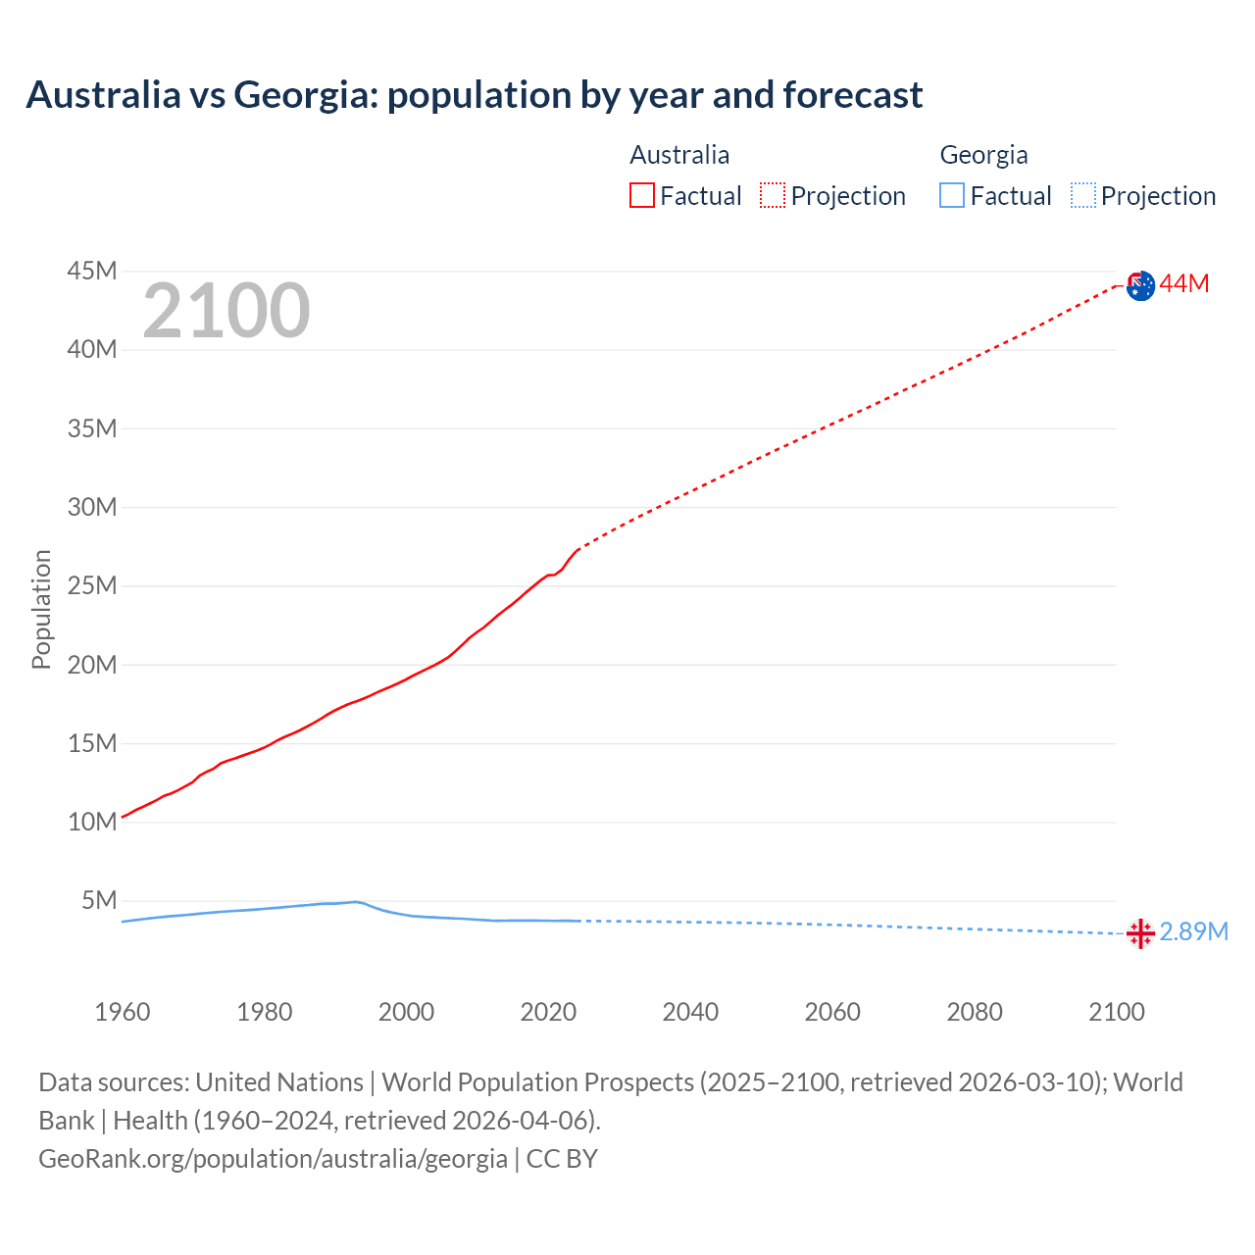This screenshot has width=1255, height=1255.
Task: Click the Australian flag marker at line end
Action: [x=1140, y=285]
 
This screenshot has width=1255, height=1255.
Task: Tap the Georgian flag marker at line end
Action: [x=1140, y=933]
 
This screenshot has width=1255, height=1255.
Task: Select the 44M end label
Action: [x=1184, y=284]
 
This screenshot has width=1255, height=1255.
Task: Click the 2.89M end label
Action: [x=1193, y=931]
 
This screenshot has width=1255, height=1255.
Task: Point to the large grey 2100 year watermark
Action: [x=226, y=311]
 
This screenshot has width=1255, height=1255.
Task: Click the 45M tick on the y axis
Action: [x=92, y=271]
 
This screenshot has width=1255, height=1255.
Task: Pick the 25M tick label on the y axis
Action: [x=92, y=586]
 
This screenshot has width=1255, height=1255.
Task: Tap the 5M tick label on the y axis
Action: [x=99, y=900]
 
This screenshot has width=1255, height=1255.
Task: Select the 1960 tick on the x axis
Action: [x=123, y=1012]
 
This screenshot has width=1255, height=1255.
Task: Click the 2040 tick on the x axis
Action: [x=690, y=1012]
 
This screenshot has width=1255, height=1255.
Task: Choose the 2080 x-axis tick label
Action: [x=975, y=1012]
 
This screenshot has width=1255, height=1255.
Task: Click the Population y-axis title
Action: [x=41, y=609]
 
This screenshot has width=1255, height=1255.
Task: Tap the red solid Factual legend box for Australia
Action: [x=642, y=196]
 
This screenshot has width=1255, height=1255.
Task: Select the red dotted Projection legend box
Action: [x=773, y=196]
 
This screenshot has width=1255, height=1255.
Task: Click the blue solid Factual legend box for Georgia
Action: [x=952, y=196]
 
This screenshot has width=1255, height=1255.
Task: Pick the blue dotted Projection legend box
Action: [x=1083, y=196]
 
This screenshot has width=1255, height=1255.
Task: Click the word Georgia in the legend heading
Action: [x=983, y=155]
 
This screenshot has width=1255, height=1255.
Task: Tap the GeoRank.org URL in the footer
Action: [x=273, y=1159]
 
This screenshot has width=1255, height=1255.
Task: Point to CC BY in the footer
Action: [x=562, y=1159]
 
